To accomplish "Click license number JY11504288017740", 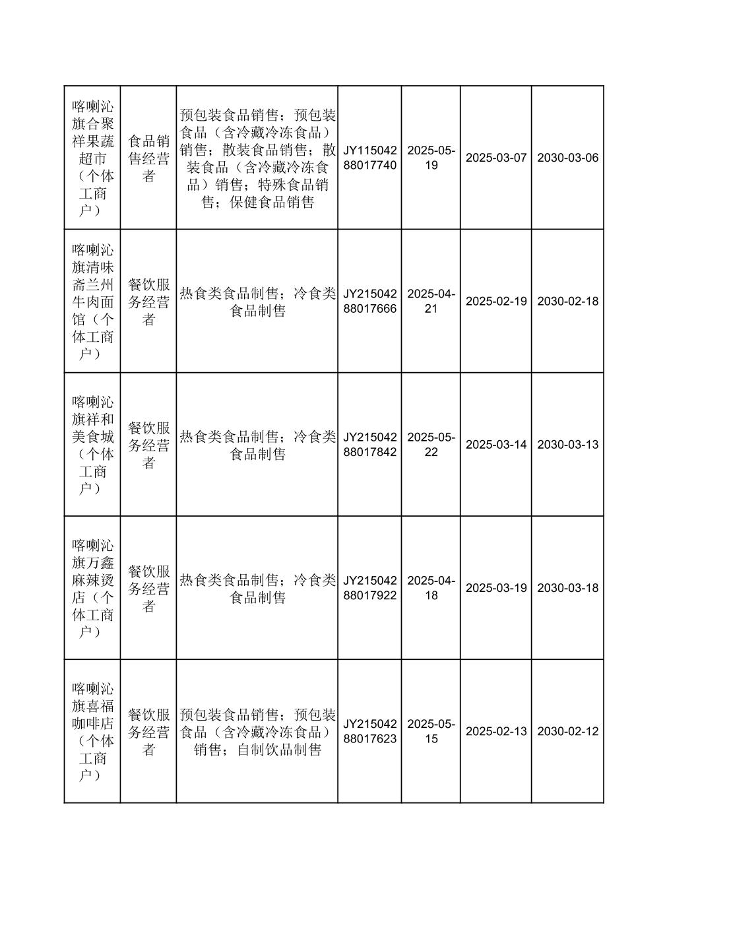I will point(369,158).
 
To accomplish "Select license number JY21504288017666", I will point(369,301).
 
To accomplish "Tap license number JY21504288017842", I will point(369,444).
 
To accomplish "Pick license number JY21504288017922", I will point(369,588).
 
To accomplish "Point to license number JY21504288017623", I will point(369,731).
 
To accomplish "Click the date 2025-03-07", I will point(496,158).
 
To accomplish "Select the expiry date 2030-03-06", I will point(567,158).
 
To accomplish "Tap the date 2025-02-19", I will point(496,301).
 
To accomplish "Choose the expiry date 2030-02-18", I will point(567,301).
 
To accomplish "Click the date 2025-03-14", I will point(496,444).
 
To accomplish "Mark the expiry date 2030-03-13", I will point(567,444).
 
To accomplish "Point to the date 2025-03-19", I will point(496,588).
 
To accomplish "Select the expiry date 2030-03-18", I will point(567,588).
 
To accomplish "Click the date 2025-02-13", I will point(496,731).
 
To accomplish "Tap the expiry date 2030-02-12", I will point(567,731).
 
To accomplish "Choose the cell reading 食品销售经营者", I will point(148,158).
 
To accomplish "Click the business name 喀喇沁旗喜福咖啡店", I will point(92,731).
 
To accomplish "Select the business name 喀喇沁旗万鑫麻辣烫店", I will point(92,588).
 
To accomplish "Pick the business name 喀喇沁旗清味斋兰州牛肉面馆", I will point(92,301).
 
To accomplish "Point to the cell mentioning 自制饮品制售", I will point(257,732).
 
